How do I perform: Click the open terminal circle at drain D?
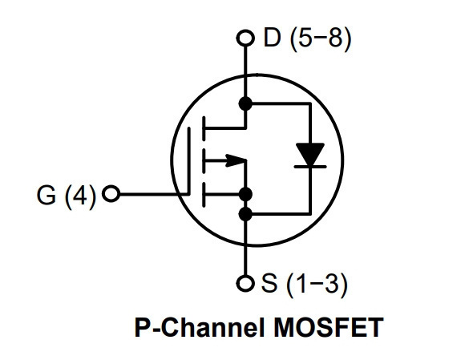click(x=245, y=38)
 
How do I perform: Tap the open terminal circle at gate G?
click(x=111, y=193)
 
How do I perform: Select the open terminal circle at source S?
click(x=245, y=283)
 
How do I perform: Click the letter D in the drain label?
click(x=272, y=38)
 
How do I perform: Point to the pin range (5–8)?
click(x=321, y=38)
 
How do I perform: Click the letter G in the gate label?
click(x=46, y=195)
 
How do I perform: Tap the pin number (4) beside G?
click(x=80, y=196)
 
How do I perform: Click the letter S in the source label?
click(x=269, y=283)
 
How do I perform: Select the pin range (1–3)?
click(x=317, y=284)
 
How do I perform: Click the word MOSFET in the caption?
click(x=328, y=327)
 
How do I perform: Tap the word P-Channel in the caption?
click(x=201, y=327)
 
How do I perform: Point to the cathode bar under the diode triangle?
click(x=310, y=166)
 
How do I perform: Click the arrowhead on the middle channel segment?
click(x=236, y=160)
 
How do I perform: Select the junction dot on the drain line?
click(x=245, y=103)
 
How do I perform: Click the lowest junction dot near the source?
click(x=245, y=214)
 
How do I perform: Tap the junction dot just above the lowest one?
click(x=245, y=194)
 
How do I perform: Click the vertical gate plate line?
click(x=189, y=161)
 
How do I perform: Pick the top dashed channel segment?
click(x=204, y=128)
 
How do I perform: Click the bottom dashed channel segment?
click(x=204, y=195)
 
